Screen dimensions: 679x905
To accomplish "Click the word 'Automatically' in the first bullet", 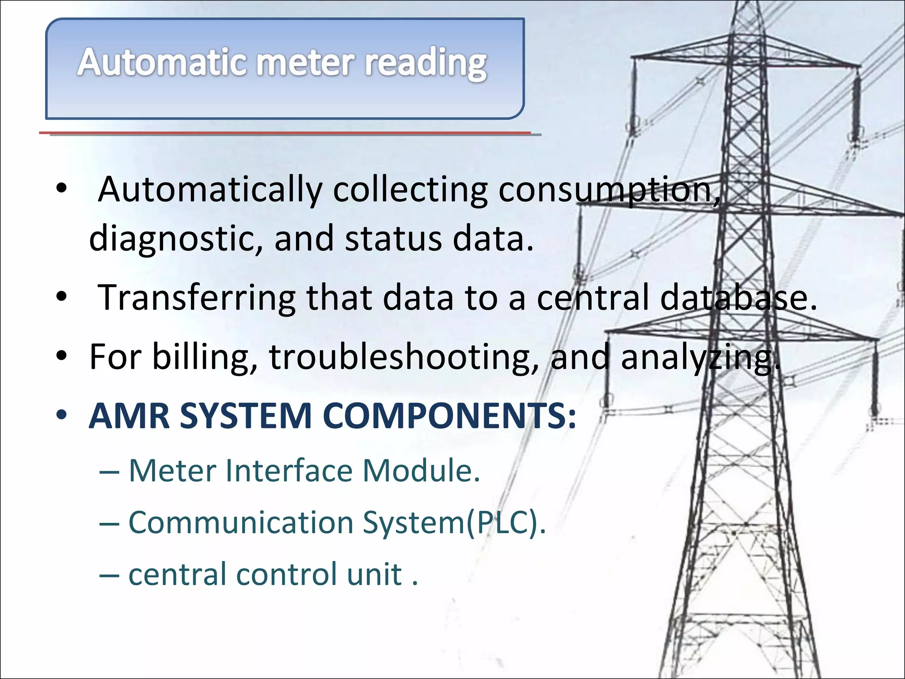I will [x=210, y=190].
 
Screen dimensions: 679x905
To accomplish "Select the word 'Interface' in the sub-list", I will [x=289, y=470].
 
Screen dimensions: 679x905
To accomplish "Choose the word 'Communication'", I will [x=241, y=523].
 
